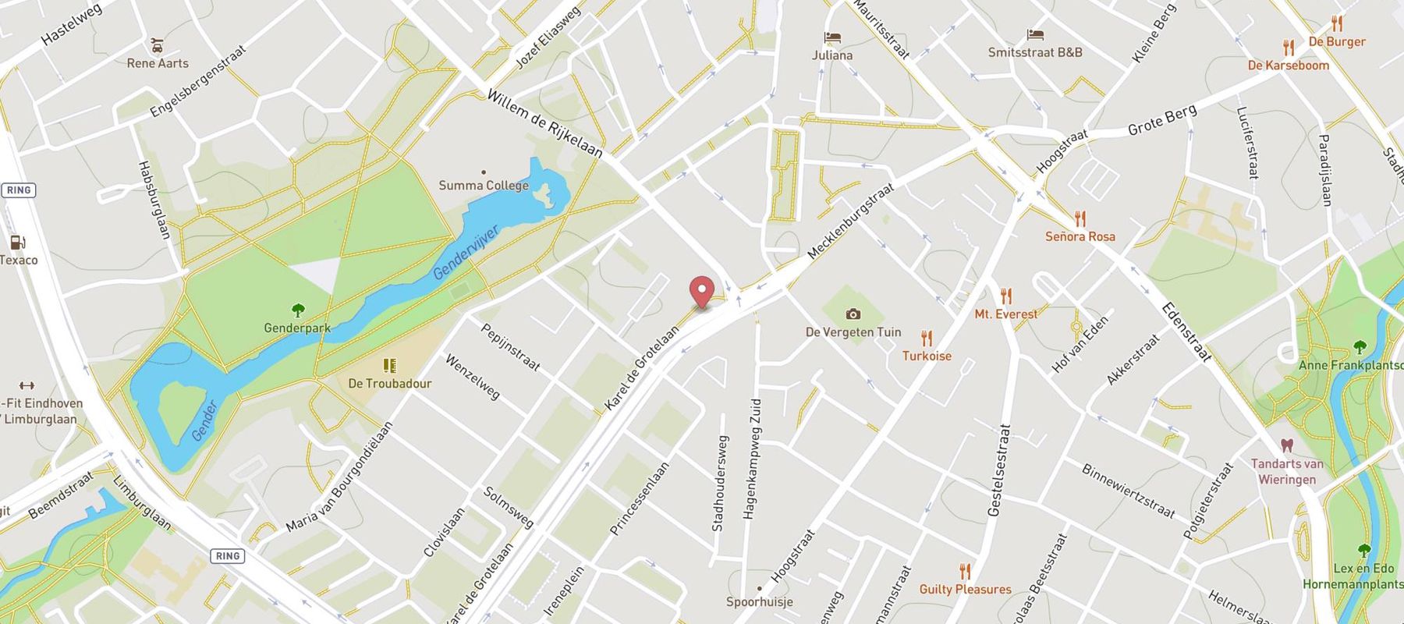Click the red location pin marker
click(703, 292)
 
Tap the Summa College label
click(484, 186)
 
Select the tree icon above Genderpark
click(297, 310)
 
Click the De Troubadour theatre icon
click(389, 365)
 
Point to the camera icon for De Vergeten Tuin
click(853, 314)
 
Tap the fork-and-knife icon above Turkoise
click(927, 339)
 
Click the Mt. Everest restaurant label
click(1006, 314)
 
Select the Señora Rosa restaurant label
click(1080, 236)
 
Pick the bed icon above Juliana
click(832, 37)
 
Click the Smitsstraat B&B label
click(1035, 52)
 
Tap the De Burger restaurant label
click(1337, 41)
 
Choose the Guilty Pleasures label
click(965, 589)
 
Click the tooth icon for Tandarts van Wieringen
click(1287, 445)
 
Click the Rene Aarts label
click(158, 63)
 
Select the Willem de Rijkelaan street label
click(544, 123)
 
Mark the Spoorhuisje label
click(760, 602)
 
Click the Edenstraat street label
click(1186, 331)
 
